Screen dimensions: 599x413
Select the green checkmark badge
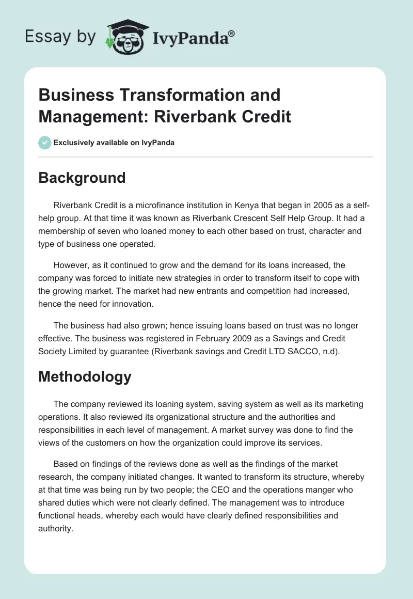pyautogui.click(x=45, y=143)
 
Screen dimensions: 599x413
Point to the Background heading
pyautogui.click(x=82, y=178)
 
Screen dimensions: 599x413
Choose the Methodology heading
pyautogui.click(x=85, y=377)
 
